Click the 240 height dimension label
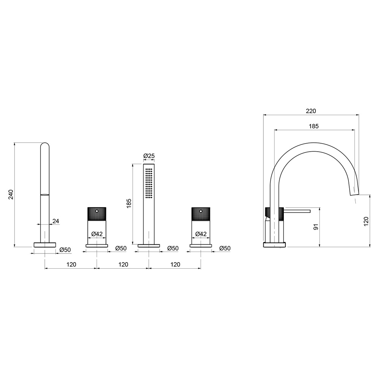coord(11,195)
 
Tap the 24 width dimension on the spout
coord(56,221)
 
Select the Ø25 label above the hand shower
coord(149,156)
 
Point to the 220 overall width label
coord(311,111)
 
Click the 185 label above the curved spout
coord(313,126)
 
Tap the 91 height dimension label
coord(316,227)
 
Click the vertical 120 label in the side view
coord(366,222)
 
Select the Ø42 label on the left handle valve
coord(97,234)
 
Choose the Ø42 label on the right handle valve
coord(201,234)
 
